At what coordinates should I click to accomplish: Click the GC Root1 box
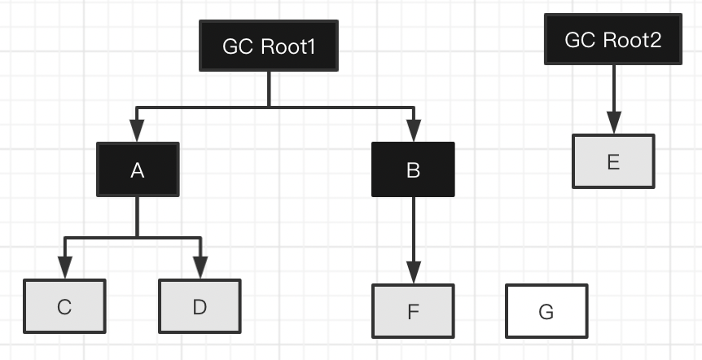(269, 46)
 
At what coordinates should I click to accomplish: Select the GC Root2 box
(612, 40)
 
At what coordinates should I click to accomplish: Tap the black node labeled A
(137, 169)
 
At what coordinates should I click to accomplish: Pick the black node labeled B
(413, 169)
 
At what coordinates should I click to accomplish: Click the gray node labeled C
(64, 306)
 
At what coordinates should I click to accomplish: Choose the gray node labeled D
(200, 306)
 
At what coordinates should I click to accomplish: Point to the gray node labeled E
(613, 161)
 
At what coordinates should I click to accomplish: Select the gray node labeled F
(413, 310)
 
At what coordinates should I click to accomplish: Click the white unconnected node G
(546, 311)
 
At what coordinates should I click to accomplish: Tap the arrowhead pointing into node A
(137, 131)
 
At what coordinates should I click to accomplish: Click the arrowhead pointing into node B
(414, 131)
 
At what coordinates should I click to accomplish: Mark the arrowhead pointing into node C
(64, 267)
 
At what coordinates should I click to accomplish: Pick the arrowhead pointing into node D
(200, 267)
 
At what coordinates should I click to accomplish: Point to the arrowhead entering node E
(613, 123)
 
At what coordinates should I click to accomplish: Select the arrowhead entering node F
(414, 272)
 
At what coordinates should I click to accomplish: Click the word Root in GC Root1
(281, 46)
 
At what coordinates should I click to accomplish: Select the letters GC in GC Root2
(580, 40)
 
